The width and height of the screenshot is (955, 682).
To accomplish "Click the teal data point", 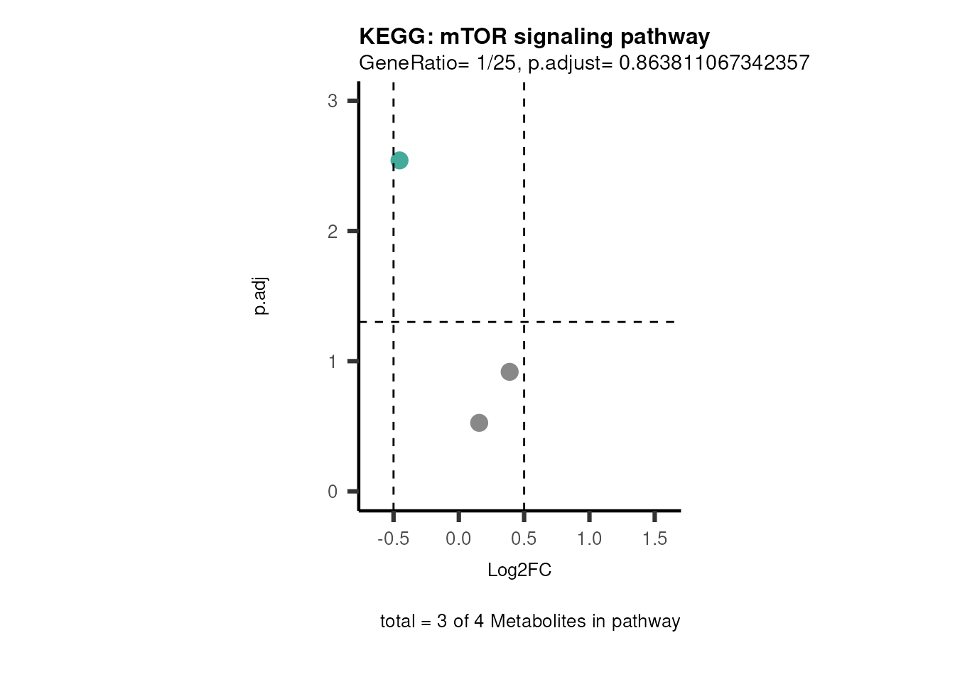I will click(x=399, y=161).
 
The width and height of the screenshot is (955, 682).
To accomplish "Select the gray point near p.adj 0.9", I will click(x=509, y=372).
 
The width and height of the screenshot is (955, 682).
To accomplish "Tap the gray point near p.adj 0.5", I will click(x=479, y=423).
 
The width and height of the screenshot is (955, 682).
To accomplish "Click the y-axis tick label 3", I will click(x=333, y=101).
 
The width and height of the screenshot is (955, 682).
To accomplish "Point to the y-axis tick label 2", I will click(x=333, y=232).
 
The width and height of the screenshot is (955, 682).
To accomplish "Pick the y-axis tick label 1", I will click(x=333, y=362).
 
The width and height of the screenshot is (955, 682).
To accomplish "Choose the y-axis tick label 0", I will click(x=333, y=492).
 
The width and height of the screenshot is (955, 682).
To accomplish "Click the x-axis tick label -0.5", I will click(x=393, y=538).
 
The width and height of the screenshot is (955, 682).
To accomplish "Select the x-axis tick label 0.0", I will click(x=458, y=538).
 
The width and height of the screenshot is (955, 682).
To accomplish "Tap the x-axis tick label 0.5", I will click(x=524, y=538).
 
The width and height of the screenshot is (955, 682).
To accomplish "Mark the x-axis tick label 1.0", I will click(x=589, y=538).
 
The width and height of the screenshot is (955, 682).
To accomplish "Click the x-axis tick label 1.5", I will click(x=654, y=538).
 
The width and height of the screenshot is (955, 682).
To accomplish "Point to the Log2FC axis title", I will click(x=519, y=570).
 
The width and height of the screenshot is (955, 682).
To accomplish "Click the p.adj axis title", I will click(x=261, y=296).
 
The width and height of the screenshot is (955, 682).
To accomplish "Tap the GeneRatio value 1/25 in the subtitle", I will click(x=496, y=63).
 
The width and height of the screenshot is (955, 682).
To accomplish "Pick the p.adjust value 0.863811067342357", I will click(x=714, y=63).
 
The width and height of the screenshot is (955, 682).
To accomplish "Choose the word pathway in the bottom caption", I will click(x=646, y=622).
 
